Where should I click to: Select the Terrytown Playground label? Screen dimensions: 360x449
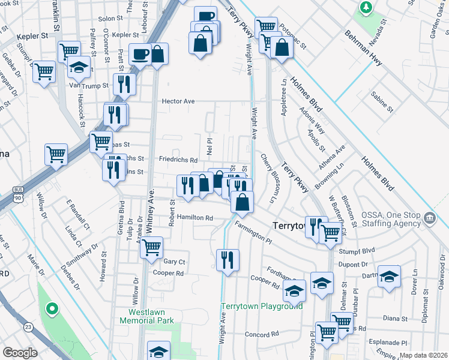[x=262, y=306]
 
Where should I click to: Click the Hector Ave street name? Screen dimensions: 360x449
[x=178, y=101]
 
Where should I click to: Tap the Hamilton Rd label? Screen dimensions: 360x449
[x=194, y=218]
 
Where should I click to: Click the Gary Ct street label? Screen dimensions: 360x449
[x=174, y=262]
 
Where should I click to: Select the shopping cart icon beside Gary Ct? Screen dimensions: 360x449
[x=152, y=246]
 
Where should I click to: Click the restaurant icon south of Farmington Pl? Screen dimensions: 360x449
[x=227, y=259]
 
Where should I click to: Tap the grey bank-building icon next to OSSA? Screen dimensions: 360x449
[x=429, y=217]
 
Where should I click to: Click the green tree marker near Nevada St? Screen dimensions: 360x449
[x=364, y=7]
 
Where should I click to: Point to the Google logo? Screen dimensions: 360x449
[x=20, y=353]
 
